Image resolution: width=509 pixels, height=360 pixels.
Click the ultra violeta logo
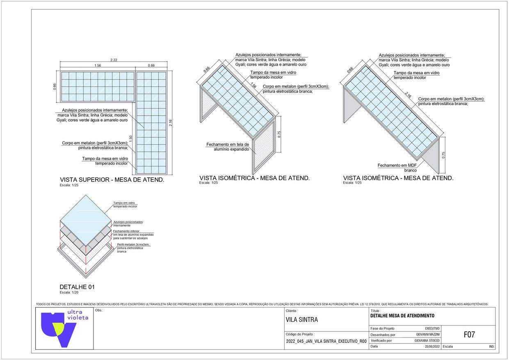[65, 328]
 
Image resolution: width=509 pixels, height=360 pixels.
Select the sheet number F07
[469, 335]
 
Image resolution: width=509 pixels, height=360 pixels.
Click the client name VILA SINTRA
[301, 320]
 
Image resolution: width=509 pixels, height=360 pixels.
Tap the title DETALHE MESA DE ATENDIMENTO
[402, 316]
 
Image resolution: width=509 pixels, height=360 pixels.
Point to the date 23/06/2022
[432, 346]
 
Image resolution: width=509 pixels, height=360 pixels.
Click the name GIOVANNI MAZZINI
[428, 335]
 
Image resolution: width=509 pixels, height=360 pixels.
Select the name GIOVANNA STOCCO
[427, 341]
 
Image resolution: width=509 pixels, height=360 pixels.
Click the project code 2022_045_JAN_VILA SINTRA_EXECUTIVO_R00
[326, 341]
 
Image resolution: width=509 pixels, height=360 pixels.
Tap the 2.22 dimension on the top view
[114, 60]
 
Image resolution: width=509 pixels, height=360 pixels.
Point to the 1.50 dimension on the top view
[131, 139]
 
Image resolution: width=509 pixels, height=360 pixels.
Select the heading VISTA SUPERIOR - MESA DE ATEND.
[112, 180]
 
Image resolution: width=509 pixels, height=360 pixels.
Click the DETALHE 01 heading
[77, 287]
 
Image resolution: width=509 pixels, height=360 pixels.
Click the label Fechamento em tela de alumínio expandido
[228, 147]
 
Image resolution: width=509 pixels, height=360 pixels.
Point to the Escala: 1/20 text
[69, 293]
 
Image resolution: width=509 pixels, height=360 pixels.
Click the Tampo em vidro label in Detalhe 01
[125, 205]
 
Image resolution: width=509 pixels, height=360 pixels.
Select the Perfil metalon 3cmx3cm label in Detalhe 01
[133, 248]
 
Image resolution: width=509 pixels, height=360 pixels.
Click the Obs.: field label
[98, 310]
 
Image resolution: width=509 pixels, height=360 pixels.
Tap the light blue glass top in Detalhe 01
[86, 216]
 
